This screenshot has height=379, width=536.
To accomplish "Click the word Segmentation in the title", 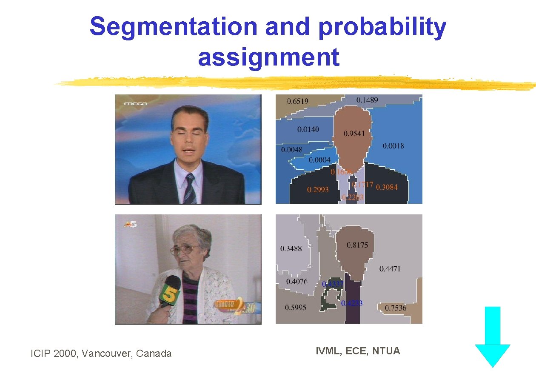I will tap(174, 27).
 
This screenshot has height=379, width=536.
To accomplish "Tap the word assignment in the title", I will tap(268, 57).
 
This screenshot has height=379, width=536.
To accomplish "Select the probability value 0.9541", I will tap(354, 134).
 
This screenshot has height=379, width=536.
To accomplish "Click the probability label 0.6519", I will tap(297, 101).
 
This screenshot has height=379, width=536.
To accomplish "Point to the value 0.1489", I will tap(367, 100).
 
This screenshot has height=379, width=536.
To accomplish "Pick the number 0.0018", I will tap(393, 146).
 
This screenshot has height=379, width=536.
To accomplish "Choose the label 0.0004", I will tap(319, 160).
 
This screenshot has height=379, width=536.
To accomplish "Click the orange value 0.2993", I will tap(318, 190).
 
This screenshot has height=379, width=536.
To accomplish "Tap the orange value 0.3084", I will tap(387, 187).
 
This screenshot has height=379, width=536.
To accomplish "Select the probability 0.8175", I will tap(357, 245).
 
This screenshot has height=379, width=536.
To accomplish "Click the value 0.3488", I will tap(291, 248).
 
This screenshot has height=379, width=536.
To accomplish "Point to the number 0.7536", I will tap(395, 308).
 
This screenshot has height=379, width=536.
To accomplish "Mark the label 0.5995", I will tap(295, 308).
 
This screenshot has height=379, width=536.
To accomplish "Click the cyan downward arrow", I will tap(492, 336).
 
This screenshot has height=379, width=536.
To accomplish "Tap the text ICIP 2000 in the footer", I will tap(53, 353).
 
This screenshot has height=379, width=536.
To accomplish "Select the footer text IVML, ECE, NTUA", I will tap(357, 351).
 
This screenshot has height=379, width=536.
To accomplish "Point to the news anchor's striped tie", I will tap(190, 189).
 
